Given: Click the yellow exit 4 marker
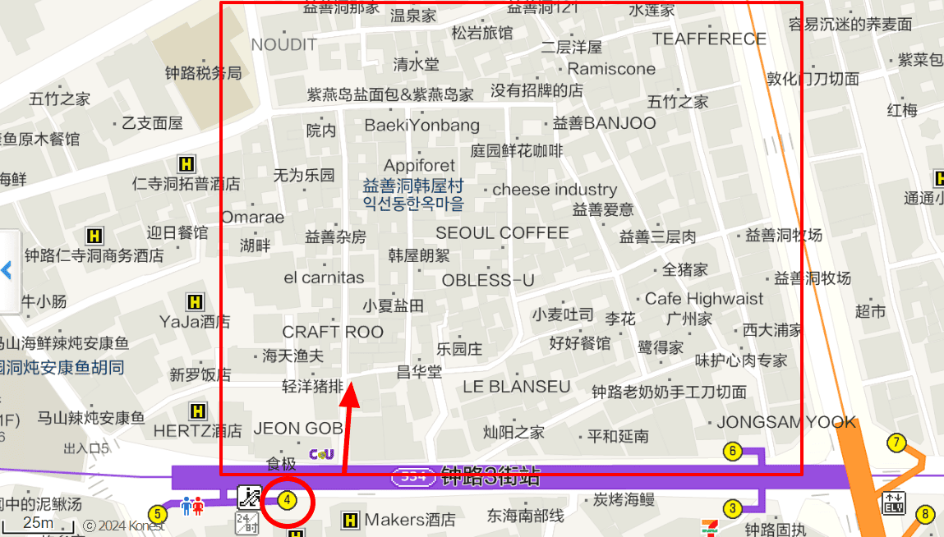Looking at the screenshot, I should click(x=287, y=499).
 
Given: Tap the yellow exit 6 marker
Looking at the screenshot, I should click(x=732, y=451).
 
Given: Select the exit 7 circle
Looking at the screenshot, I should click(x=896, y=443).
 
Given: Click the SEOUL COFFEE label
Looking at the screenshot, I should click(x=502, y=233).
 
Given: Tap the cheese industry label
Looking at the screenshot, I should click(x=555, y=190).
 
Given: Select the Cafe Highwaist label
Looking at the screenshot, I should click(x=704, y=299).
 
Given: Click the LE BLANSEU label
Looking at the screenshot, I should click(x=516, y=387).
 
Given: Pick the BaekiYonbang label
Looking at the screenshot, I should click(x=421, y=126).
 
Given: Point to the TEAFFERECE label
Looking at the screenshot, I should click(x=709, y=39).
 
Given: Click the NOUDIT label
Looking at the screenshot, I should click(x=283, y=44).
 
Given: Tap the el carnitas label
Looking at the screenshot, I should click(x=324, y=278).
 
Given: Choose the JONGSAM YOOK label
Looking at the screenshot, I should click(x=786, y=423).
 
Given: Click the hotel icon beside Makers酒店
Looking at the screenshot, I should click(x=350, y=520).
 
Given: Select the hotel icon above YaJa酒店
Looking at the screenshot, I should click(x=195, y=301).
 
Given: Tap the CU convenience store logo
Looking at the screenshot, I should click(x=321, y=454).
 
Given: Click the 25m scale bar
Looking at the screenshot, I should click(x=38, y=524).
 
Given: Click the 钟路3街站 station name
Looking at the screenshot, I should click(x=490, y=475).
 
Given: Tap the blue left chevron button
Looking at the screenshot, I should click(x=7, y=270).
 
